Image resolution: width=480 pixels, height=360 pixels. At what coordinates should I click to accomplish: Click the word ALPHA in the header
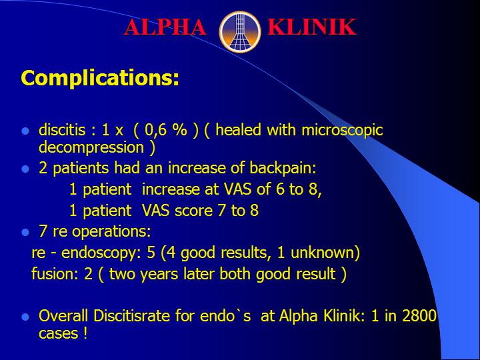point(165,27)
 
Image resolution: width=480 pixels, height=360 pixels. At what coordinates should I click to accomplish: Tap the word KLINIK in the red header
point(311,27)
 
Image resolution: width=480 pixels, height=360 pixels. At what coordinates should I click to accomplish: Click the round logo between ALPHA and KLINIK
point(240,32)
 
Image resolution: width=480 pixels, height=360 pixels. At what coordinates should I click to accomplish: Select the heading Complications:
point(100,78)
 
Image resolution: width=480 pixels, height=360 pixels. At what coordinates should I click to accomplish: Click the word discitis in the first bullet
point(62,130)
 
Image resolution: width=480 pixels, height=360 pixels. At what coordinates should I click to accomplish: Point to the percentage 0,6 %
point(165,130)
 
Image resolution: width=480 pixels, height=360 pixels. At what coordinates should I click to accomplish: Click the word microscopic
point(342,131)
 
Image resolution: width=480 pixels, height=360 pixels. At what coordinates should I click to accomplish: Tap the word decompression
point(91,148)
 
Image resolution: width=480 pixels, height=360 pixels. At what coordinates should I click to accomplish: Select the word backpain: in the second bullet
point(283,168)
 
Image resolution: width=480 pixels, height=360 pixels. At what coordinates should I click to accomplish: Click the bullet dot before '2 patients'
point(25,169)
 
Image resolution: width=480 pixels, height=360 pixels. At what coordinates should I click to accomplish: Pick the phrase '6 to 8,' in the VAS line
point(299,189)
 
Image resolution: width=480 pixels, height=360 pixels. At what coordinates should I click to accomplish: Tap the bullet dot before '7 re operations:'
point(25,233)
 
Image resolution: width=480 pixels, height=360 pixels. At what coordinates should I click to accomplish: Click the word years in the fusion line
point(159,274)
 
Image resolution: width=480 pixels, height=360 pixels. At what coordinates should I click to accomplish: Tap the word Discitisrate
point(131,315)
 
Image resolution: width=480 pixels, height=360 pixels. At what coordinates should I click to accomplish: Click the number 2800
point(419,315)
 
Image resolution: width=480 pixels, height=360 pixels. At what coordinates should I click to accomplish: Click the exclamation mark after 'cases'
point(85,333)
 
